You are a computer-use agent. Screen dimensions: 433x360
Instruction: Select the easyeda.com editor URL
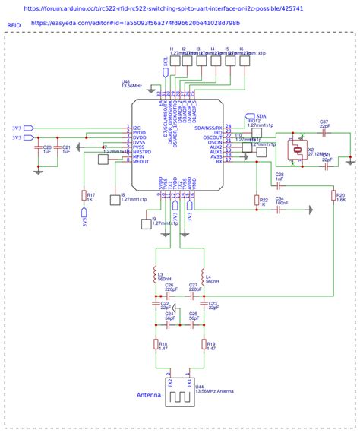click(x=135, y=24)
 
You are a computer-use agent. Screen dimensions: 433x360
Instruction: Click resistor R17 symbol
click(x=84, y=196)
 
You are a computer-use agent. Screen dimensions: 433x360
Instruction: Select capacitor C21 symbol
click(x=58, y=150)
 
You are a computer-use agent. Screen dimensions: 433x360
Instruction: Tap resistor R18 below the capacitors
click(x=156, y=345)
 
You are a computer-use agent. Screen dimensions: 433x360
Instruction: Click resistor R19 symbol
click(x=203, y=345)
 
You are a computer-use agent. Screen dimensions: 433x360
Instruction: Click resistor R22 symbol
click(x=254, y=201)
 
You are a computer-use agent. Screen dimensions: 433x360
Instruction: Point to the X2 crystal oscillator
click(x=294, y=151)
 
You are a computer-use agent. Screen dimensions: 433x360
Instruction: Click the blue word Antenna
click(x=148, y=396)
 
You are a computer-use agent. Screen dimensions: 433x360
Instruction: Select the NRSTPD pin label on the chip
click(x=144, y=152)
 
